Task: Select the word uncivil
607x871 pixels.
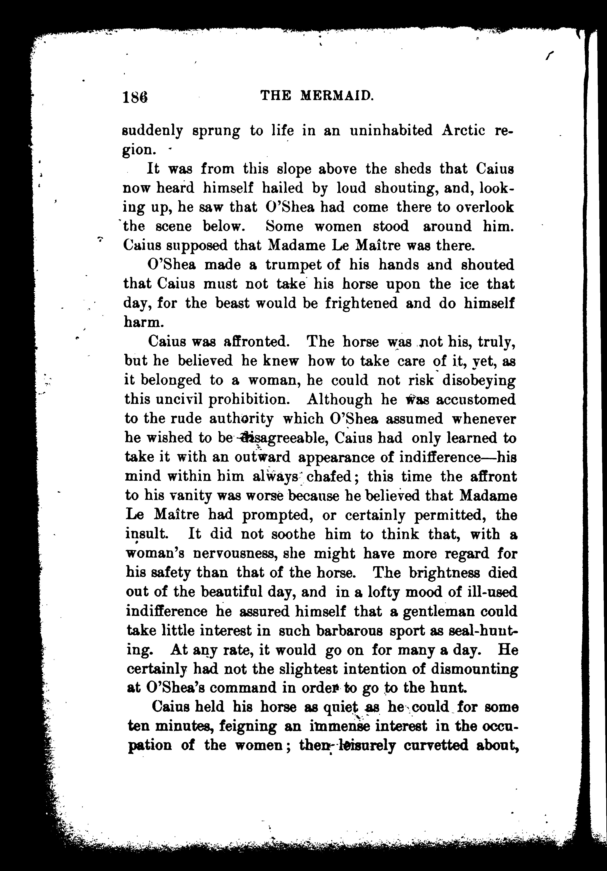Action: point(174,400)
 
